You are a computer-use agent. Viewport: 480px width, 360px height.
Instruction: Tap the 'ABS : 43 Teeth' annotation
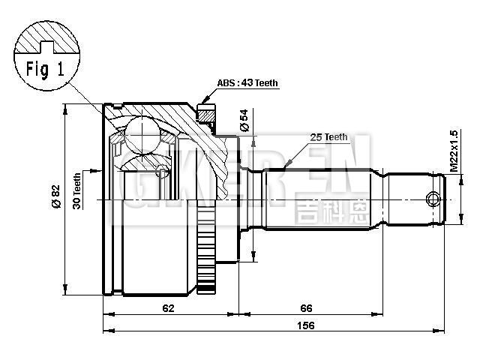click(247, 84)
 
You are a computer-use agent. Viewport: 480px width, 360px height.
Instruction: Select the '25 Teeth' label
click(329, 136)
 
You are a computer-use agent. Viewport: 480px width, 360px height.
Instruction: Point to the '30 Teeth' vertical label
click(77, 191)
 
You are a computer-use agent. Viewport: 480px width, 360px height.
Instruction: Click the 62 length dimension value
click(169, 307)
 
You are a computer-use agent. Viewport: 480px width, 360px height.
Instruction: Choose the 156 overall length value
click(304, 325)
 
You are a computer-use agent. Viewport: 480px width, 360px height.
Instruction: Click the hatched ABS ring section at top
click(205, 116)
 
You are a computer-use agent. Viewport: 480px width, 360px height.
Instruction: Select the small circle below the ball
click(160, 171)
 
